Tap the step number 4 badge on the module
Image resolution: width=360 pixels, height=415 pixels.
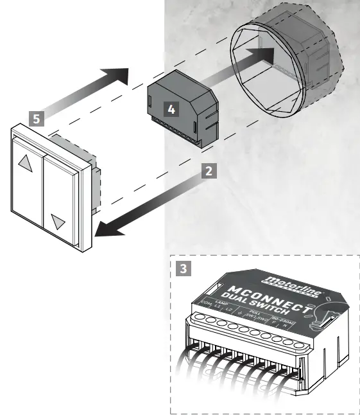point(171,109)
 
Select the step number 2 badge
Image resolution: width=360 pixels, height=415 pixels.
point(207,170)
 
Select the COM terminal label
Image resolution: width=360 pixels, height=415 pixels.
point(206,302)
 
